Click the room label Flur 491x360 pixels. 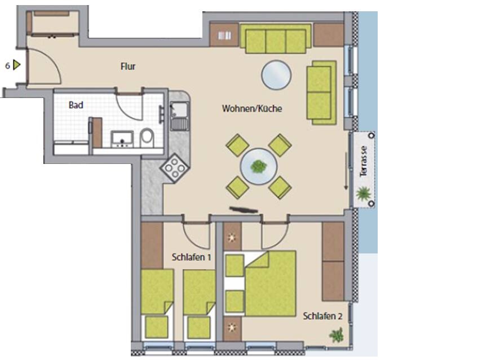(128, 66)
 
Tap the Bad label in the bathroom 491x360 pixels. (76, 105)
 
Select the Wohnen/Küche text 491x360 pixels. (252, 109)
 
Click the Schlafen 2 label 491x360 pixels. (322, 316)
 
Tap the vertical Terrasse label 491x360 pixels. (364, 161)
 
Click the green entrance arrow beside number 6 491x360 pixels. (17, 65)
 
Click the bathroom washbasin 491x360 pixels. (121, 138)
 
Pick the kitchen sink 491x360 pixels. (179, 115)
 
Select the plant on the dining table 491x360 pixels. (259, 167)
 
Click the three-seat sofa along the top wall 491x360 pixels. (275, 39)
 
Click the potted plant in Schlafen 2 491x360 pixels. (337, 336)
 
